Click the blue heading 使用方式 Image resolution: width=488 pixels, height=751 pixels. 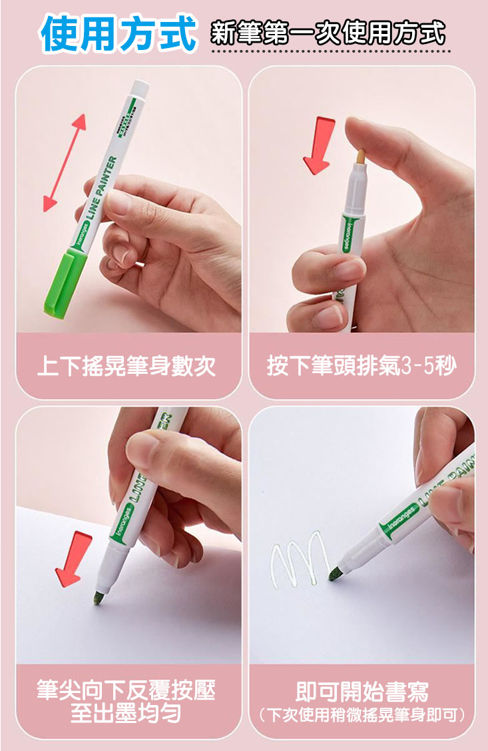coord(119,33)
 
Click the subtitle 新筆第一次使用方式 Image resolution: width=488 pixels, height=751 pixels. coord(328,33)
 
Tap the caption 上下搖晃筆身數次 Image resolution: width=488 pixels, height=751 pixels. coord(127,366)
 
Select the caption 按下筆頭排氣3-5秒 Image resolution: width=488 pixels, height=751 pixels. coord(362,366)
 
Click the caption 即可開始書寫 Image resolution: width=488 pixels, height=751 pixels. coord(362,691)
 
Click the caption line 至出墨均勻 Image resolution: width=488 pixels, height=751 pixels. coord(126,714)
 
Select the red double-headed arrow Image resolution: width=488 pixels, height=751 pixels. coord(65,163)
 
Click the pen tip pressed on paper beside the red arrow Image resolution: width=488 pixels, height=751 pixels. coord(98,598)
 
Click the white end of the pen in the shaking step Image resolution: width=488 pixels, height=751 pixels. coord(140,89)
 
